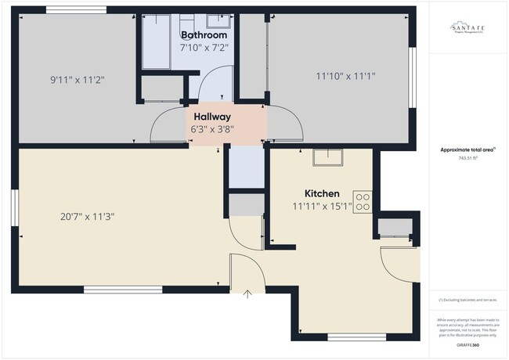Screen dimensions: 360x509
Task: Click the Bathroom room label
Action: click(204, 35)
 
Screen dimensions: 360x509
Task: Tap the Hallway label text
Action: click(213, 116)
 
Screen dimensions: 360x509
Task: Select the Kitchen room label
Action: click(322, 193)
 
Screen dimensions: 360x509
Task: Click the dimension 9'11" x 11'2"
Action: click(78, 79)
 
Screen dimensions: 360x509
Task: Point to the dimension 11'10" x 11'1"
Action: click(345, 76)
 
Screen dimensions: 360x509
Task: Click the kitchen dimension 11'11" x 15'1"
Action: click(322, 207)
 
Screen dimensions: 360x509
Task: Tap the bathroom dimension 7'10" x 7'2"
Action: click(204, 49)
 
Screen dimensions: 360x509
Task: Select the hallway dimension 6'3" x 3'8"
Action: click(213, 129)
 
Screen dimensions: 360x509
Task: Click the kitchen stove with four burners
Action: click(362, 201)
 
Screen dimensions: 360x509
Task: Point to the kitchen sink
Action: click(327, 157)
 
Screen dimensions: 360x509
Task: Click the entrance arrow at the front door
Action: click(248, 295)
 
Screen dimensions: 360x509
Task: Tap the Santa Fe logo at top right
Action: click(467, 28)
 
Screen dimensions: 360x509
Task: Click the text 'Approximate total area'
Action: click(467, 149)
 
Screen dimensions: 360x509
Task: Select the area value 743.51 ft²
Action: click(467, 158)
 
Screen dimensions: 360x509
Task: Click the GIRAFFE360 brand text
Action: click(467, 344)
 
